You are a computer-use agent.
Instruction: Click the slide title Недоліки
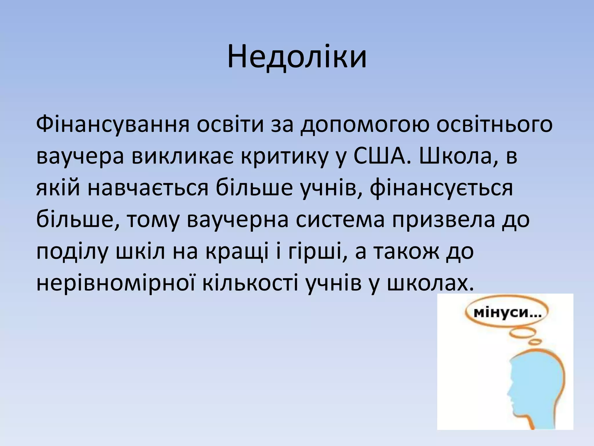[297, 57]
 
